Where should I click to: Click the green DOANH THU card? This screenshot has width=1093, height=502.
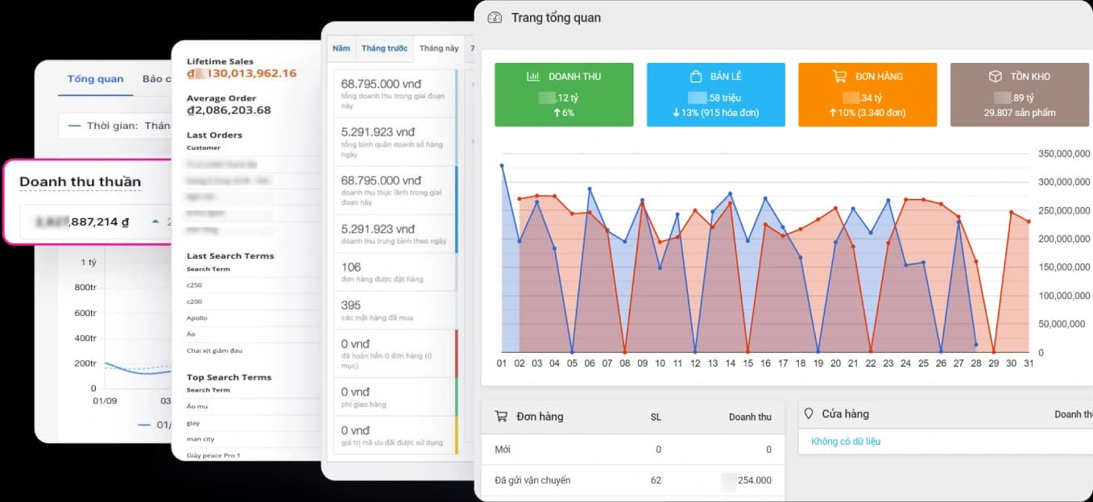coord(564,94)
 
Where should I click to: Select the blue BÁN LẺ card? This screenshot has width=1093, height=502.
coord(715,94)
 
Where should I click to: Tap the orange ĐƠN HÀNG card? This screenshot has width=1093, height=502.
coord(867,94)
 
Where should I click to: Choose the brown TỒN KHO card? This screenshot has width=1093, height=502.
coord(1019,94)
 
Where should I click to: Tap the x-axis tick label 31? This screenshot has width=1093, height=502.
coord(1028,363)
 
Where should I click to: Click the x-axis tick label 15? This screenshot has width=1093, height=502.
coord(747,363)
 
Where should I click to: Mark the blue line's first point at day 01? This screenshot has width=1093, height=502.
coord(502,166)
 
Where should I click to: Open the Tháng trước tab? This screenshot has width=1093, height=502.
coord(384,48)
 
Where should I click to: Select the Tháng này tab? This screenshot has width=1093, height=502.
coord(439,48)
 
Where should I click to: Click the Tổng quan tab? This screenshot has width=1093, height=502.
coord(95,79)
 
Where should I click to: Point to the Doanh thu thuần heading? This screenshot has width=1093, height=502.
coord(80,182)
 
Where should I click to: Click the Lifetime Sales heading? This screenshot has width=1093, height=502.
coord(220,61)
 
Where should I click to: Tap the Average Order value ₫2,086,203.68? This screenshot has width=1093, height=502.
coord(229,110)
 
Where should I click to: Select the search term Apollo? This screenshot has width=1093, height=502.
coord(197,318)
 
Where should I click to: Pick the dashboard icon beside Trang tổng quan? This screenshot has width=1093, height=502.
coord(495,18)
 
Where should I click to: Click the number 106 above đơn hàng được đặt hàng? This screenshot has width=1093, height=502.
coord(351,268)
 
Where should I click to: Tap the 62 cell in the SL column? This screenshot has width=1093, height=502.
coord(656,480)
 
